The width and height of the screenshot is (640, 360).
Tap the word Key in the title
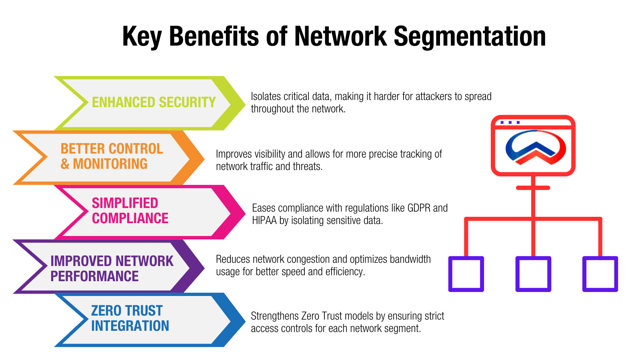click(142, 37)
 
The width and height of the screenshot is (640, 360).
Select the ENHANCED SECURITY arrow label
click(154, 102)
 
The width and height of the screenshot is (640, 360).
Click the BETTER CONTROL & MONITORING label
click(112, 156)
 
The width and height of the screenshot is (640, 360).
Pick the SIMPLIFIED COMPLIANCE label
click(130, 211)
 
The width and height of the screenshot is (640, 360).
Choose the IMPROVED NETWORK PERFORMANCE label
click(112, 268)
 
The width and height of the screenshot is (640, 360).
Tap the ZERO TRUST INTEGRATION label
click(130, 318)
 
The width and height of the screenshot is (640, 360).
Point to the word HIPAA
click(264, 220)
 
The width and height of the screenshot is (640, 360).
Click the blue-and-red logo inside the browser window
click(536, 147)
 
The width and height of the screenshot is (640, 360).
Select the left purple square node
click(466, 274)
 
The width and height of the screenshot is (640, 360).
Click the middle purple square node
click(533, 274)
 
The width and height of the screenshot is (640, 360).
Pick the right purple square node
click(600, 274)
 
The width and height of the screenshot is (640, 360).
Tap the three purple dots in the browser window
click(510, 122)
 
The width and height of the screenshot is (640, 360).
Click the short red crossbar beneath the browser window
click(533, 188)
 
